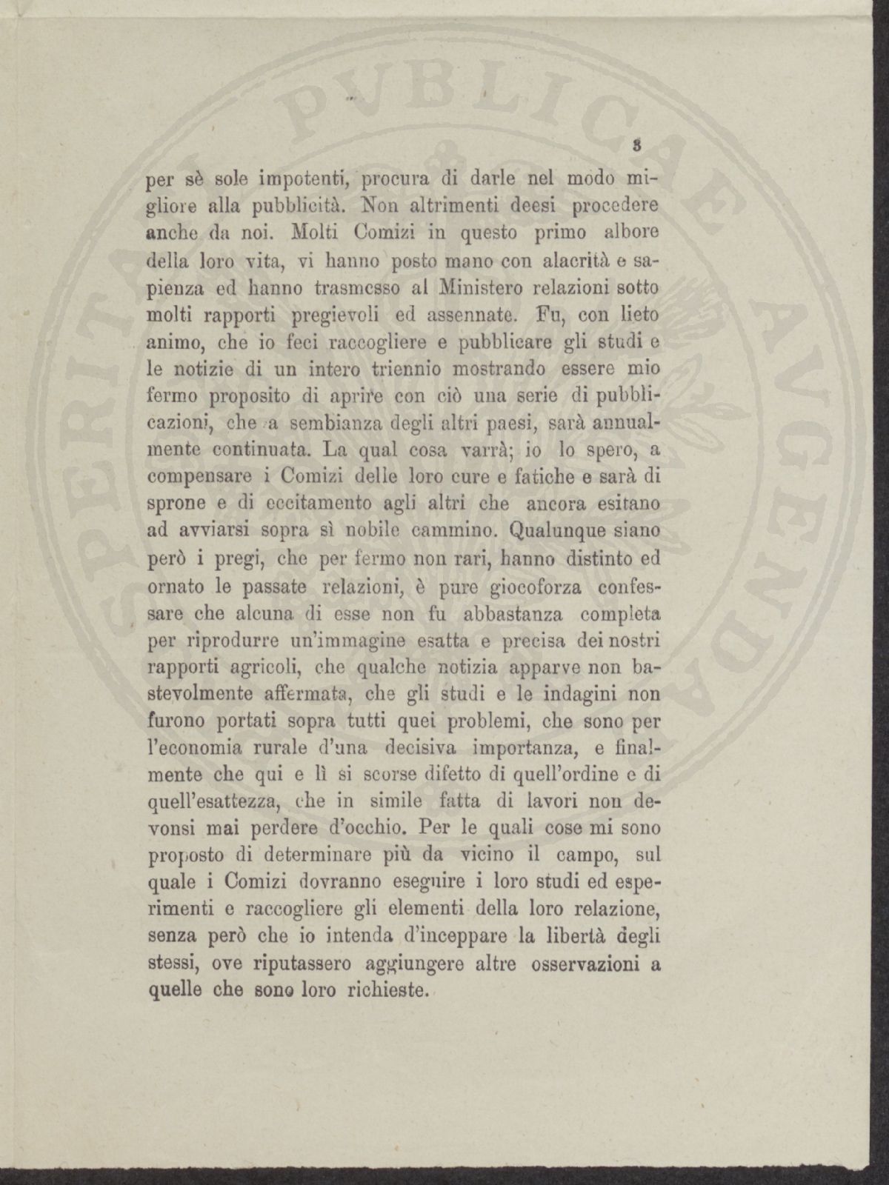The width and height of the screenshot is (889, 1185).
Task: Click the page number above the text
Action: (x=636, y=145)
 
